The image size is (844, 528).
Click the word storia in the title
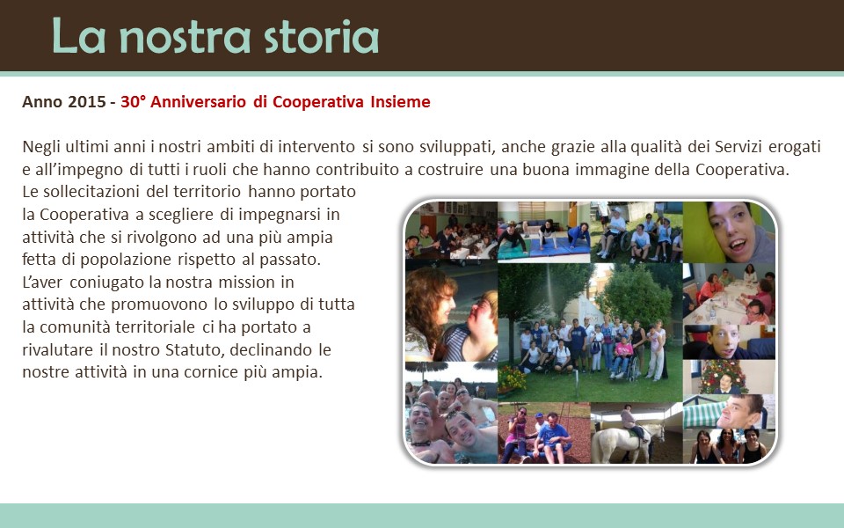[322, 37]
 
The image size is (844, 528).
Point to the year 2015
[87, 102]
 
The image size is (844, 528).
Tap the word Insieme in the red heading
[400, 102]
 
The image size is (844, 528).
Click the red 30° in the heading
[133, 102]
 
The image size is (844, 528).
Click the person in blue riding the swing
[552, 435]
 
